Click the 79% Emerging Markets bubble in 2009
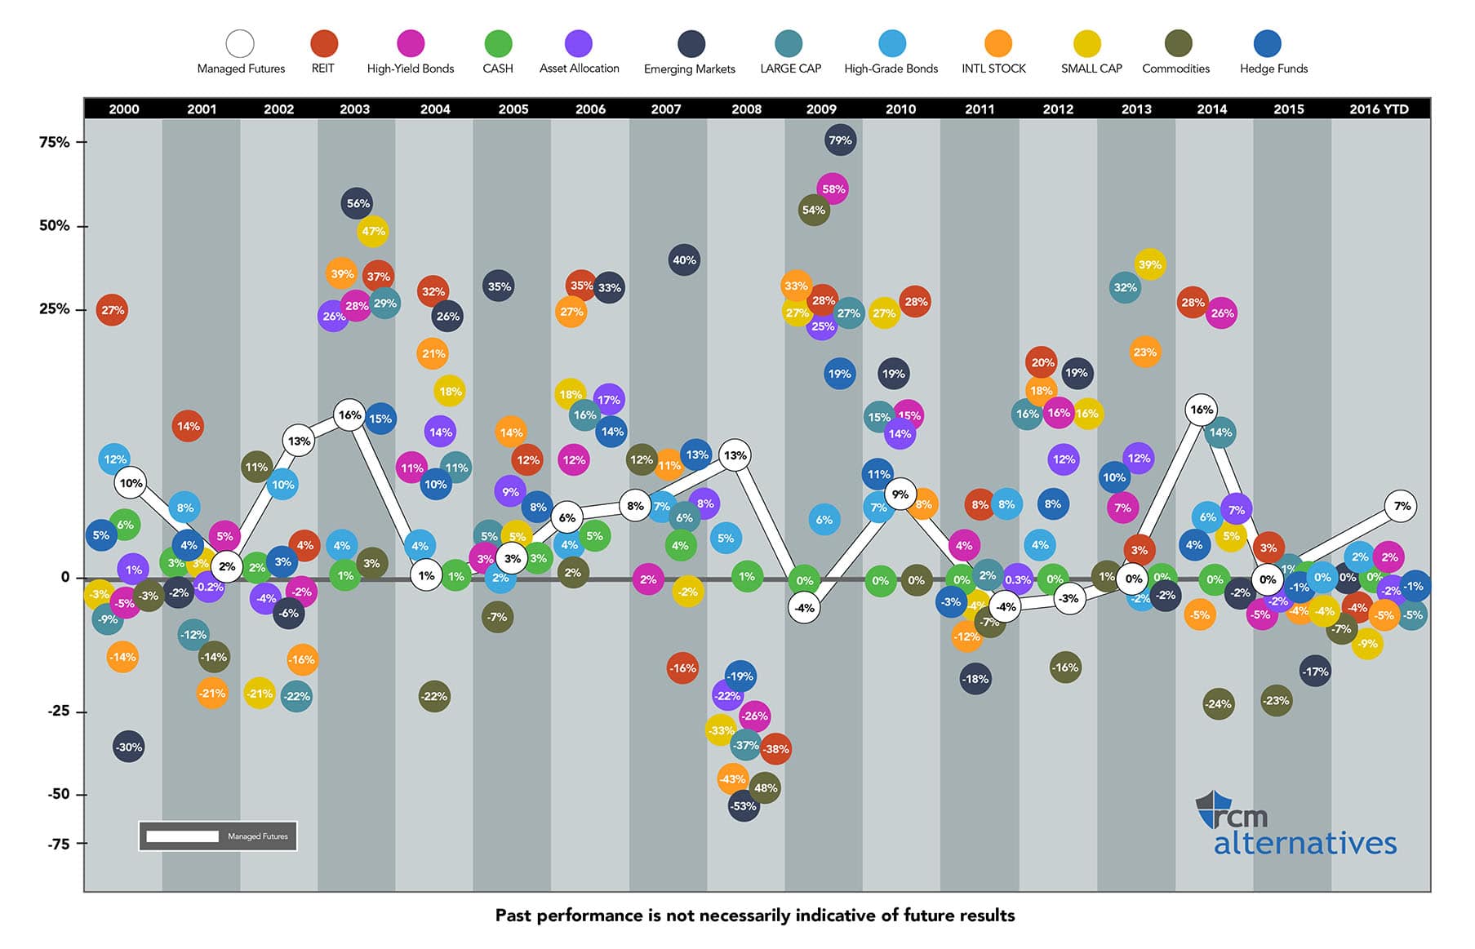[x=840, y=140]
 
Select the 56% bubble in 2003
[x=358, y=204]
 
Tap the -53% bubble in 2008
[x=743, y=806]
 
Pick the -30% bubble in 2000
[x=129, y=747]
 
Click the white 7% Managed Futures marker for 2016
[x=1402, y=506]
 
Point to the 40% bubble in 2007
[x=684, y=260]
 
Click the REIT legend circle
[x=323, y=43]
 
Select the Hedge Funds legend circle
[x=1266, y=43]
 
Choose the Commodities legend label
[x=1175, y=69]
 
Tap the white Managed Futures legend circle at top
[x=240, y=43]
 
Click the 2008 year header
[x=746, y=109]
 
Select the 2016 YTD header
[x=1379, y=109]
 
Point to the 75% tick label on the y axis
[x=55, y=142]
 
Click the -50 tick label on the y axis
[x=59, y=794]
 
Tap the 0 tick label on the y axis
[x=65, y=577]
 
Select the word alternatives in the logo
[x=1304, y=843]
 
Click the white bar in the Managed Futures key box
[x=182, y=836]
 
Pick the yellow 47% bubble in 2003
[x=373, y=232]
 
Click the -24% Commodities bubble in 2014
[x=1218, y=704]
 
